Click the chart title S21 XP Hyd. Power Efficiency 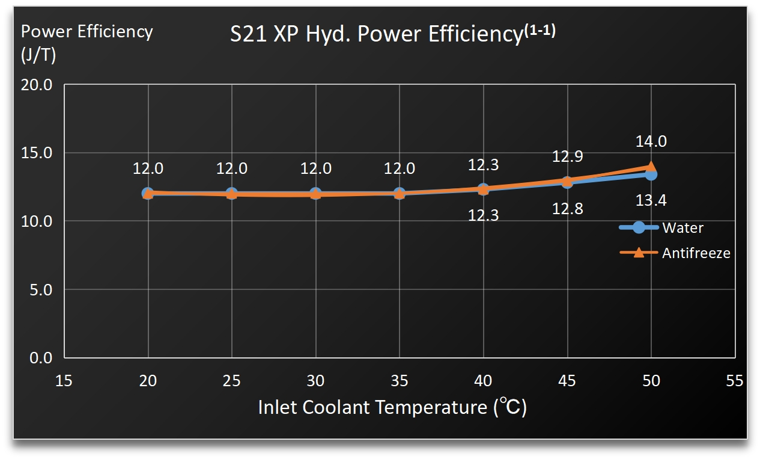[x=392, y=34]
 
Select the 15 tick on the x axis [x=64, y=381]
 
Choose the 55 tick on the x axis [x=734, y=381]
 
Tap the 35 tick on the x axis [x=399, y=381]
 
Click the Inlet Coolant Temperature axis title [x=392, y=407]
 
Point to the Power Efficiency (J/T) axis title [x=87, y=43]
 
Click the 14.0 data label [x=651, y=142]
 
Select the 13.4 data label [x=651, y=200]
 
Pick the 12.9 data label [x=567, y=157]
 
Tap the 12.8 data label [x=567, y=209]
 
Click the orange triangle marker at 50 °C [x=651, y=167]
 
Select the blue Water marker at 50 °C [x=651, y=174]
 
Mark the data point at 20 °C [x=148, y=193]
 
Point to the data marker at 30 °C [x=315, y=194]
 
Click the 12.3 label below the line [x=483, y=215]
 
